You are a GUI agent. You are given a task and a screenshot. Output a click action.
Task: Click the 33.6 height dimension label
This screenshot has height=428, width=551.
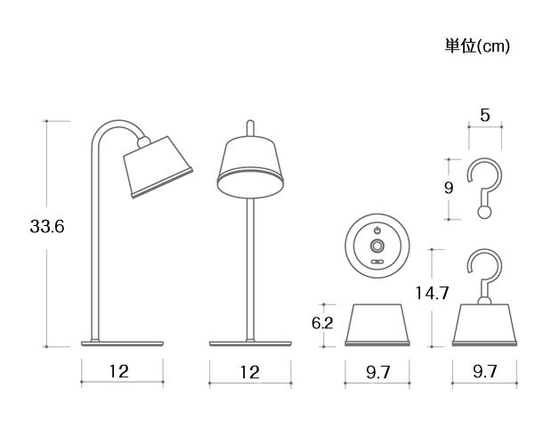coord(47,227)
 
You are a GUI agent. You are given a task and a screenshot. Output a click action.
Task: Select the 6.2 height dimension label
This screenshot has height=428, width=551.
coord(322,324)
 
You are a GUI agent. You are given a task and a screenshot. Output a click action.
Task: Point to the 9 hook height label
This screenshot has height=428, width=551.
coord(448,189)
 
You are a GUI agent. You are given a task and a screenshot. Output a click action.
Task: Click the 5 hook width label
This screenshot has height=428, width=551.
coord(484,116)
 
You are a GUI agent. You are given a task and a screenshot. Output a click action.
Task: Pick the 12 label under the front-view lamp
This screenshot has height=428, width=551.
coord(249,372)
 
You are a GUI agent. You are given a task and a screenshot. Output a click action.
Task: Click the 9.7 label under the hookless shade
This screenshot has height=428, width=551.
coord(378,372)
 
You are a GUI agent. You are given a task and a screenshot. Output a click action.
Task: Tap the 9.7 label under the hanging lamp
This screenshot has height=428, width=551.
coord(484,372)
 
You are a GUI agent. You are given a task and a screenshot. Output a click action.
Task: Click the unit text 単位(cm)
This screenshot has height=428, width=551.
coord(476,45)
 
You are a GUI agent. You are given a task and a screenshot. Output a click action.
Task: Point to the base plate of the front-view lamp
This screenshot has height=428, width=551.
coord(250,342)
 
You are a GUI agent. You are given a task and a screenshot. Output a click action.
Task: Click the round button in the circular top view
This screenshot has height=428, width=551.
coord(377,245)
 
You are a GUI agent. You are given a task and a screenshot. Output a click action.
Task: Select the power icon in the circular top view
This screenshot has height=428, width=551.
coord(377,229)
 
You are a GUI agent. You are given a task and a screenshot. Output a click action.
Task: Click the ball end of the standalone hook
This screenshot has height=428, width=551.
coord(483,213)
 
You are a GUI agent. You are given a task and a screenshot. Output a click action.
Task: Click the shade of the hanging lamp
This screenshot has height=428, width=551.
coord(485,324)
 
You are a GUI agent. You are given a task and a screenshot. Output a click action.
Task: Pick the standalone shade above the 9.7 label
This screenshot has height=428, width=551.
coord(378,324)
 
